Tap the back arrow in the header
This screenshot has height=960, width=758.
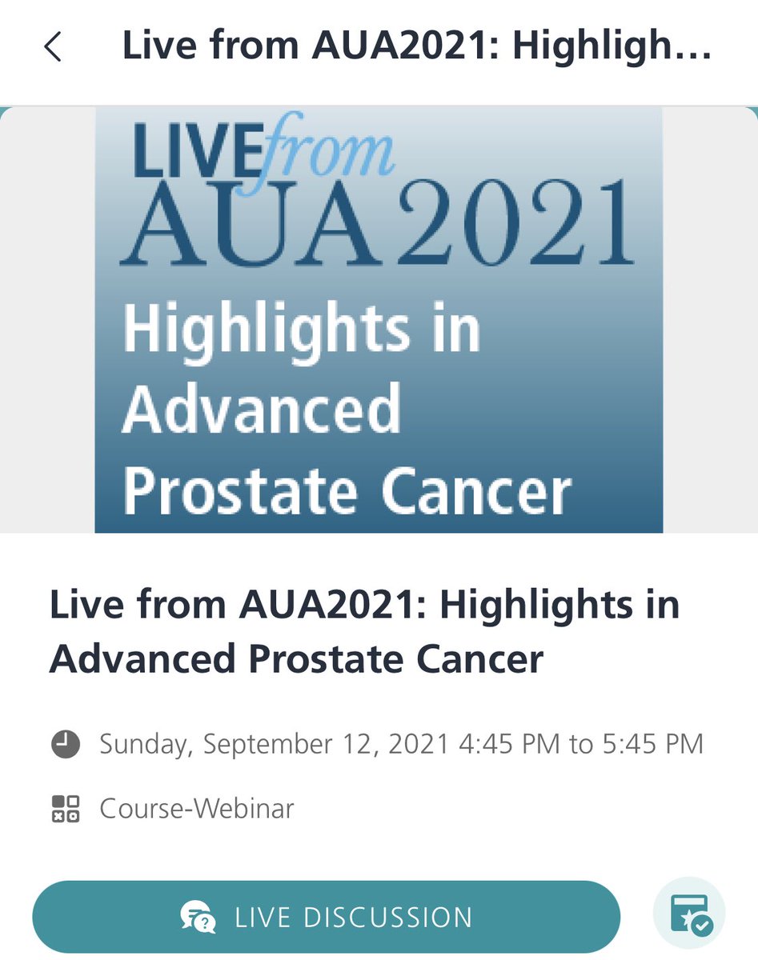[53, 48]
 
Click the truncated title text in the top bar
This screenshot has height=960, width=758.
[416, 46]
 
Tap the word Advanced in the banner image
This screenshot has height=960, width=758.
[261, 408]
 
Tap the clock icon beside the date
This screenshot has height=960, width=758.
[66, 744]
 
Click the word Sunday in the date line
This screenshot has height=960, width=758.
[143, 744]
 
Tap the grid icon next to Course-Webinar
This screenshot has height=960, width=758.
[66, 808]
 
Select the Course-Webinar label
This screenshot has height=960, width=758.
[197, 808]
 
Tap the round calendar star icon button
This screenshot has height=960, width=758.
[689, 915]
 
